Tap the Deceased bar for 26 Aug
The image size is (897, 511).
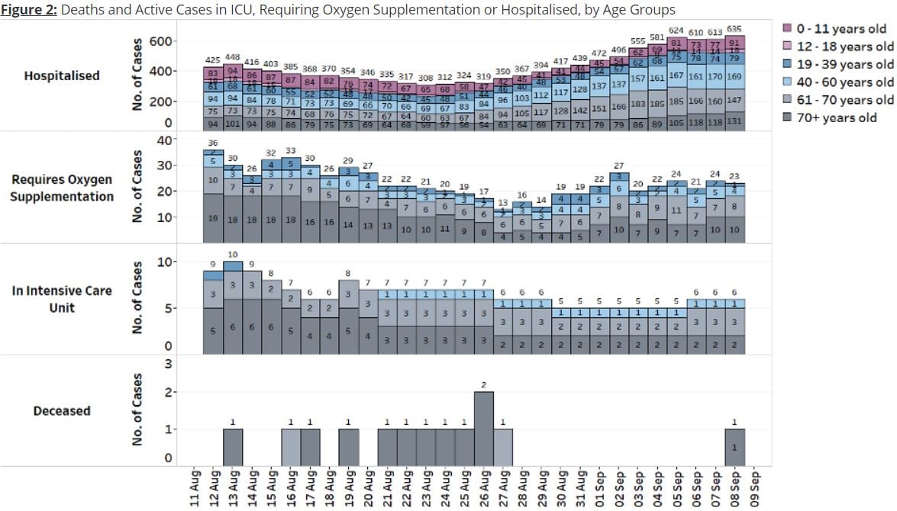coord(484,427)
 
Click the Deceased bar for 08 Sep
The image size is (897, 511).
coord(734,446)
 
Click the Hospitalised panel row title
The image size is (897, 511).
coord(62,76)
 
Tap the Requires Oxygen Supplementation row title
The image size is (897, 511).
coord(62,188)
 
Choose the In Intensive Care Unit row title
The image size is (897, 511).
coord(62,300)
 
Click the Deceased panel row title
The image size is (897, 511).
coord(62,411)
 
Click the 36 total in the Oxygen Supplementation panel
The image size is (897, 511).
coord(213,143)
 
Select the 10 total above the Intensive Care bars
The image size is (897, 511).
coord(233,255)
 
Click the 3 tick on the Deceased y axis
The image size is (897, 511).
coord(167,364)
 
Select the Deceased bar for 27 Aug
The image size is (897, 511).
coord(503,446)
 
